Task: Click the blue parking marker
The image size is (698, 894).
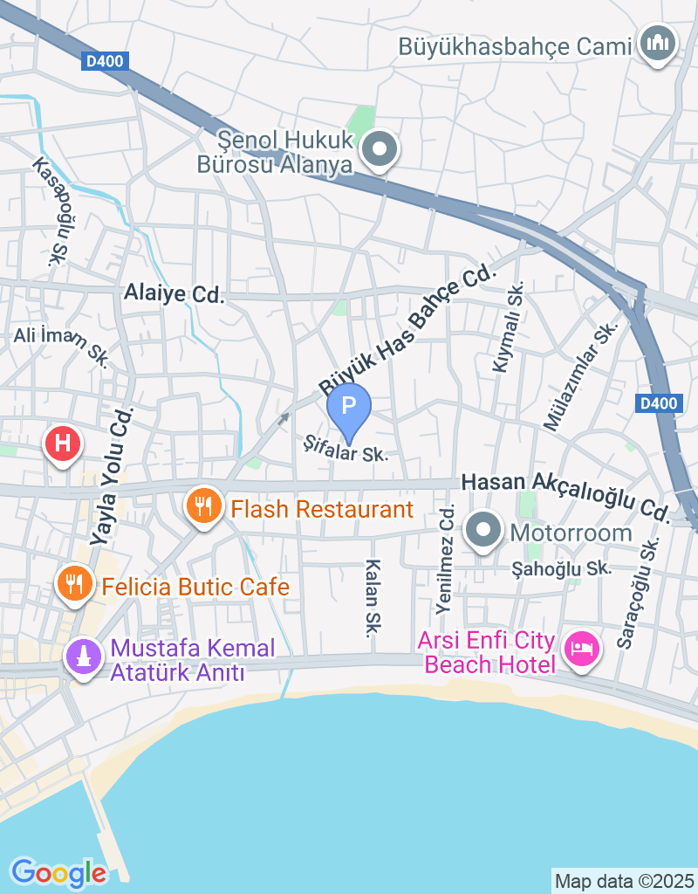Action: [349, 407]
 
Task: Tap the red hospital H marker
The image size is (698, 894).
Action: [63, 443]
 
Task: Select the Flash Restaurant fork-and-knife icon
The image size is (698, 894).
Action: [204, 505]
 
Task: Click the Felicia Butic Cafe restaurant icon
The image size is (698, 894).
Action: [74, 582]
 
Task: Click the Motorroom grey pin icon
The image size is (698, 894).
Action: [482, 531]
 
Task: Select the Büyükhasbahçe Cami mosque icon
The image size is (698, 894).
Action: [658, 42]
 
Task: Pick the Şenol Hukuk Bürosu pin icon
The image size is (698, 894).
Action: [380, 149]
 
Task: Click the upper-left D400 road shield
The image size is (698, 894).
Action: [106, 61]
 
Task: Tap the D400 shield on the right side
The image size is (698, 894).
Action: [658, 402]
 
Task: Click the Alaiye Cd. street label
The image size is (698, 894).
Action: [174, 294]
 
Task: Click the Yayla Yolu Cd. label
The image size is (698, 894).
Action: [113, 477]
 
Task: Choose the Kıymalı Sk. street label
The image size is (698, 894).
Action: [509, 327]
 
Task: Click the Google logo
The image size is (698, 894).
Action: [58, 872]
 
